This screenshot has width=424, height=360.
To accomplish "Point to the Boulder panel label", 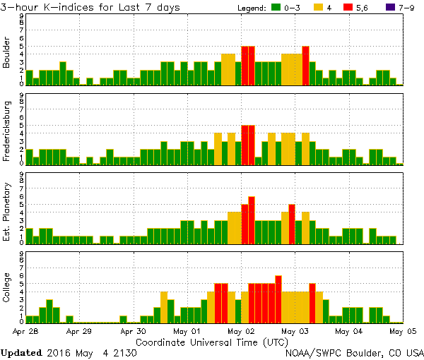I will point(7,52).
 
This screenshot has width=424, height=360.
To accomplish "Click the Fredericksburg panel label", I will point(7,131).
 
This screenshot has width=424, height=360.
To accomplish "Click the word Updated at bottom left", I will point(25,352).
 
